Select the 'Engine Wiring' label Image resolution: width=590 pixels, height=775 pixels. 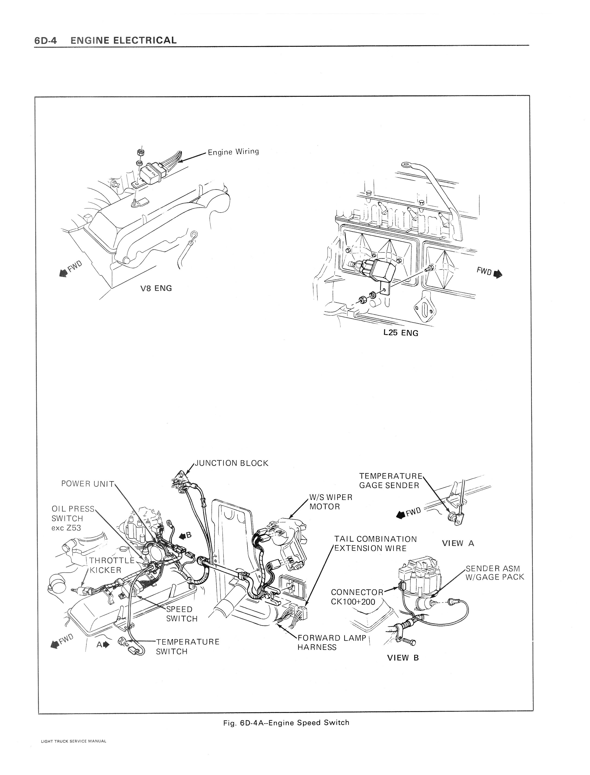pyautogui.click(x=233, y=152)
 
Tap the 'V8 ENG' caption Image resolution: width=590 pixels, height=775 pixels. pyautogui.click(x=156, y=288)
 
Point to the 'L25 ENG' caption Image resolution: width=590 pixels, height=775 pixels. pyautogui.click(x=401, y=333)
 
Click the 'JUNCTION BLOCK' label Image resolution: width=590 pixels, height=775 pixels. pyautogui.click(x=231, y=463)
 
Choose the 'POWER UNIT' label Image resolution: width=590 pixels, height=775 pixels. pyautogui.click(x=88, y=484)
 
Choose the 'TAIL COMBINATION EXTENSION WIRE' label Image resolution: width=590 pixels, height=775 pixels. pyautogui.click(x=375, y=544)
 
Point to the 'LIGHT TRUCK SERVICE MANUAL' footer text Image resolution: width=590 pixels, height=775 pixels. pyautogui.click(x=73, y=749)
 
